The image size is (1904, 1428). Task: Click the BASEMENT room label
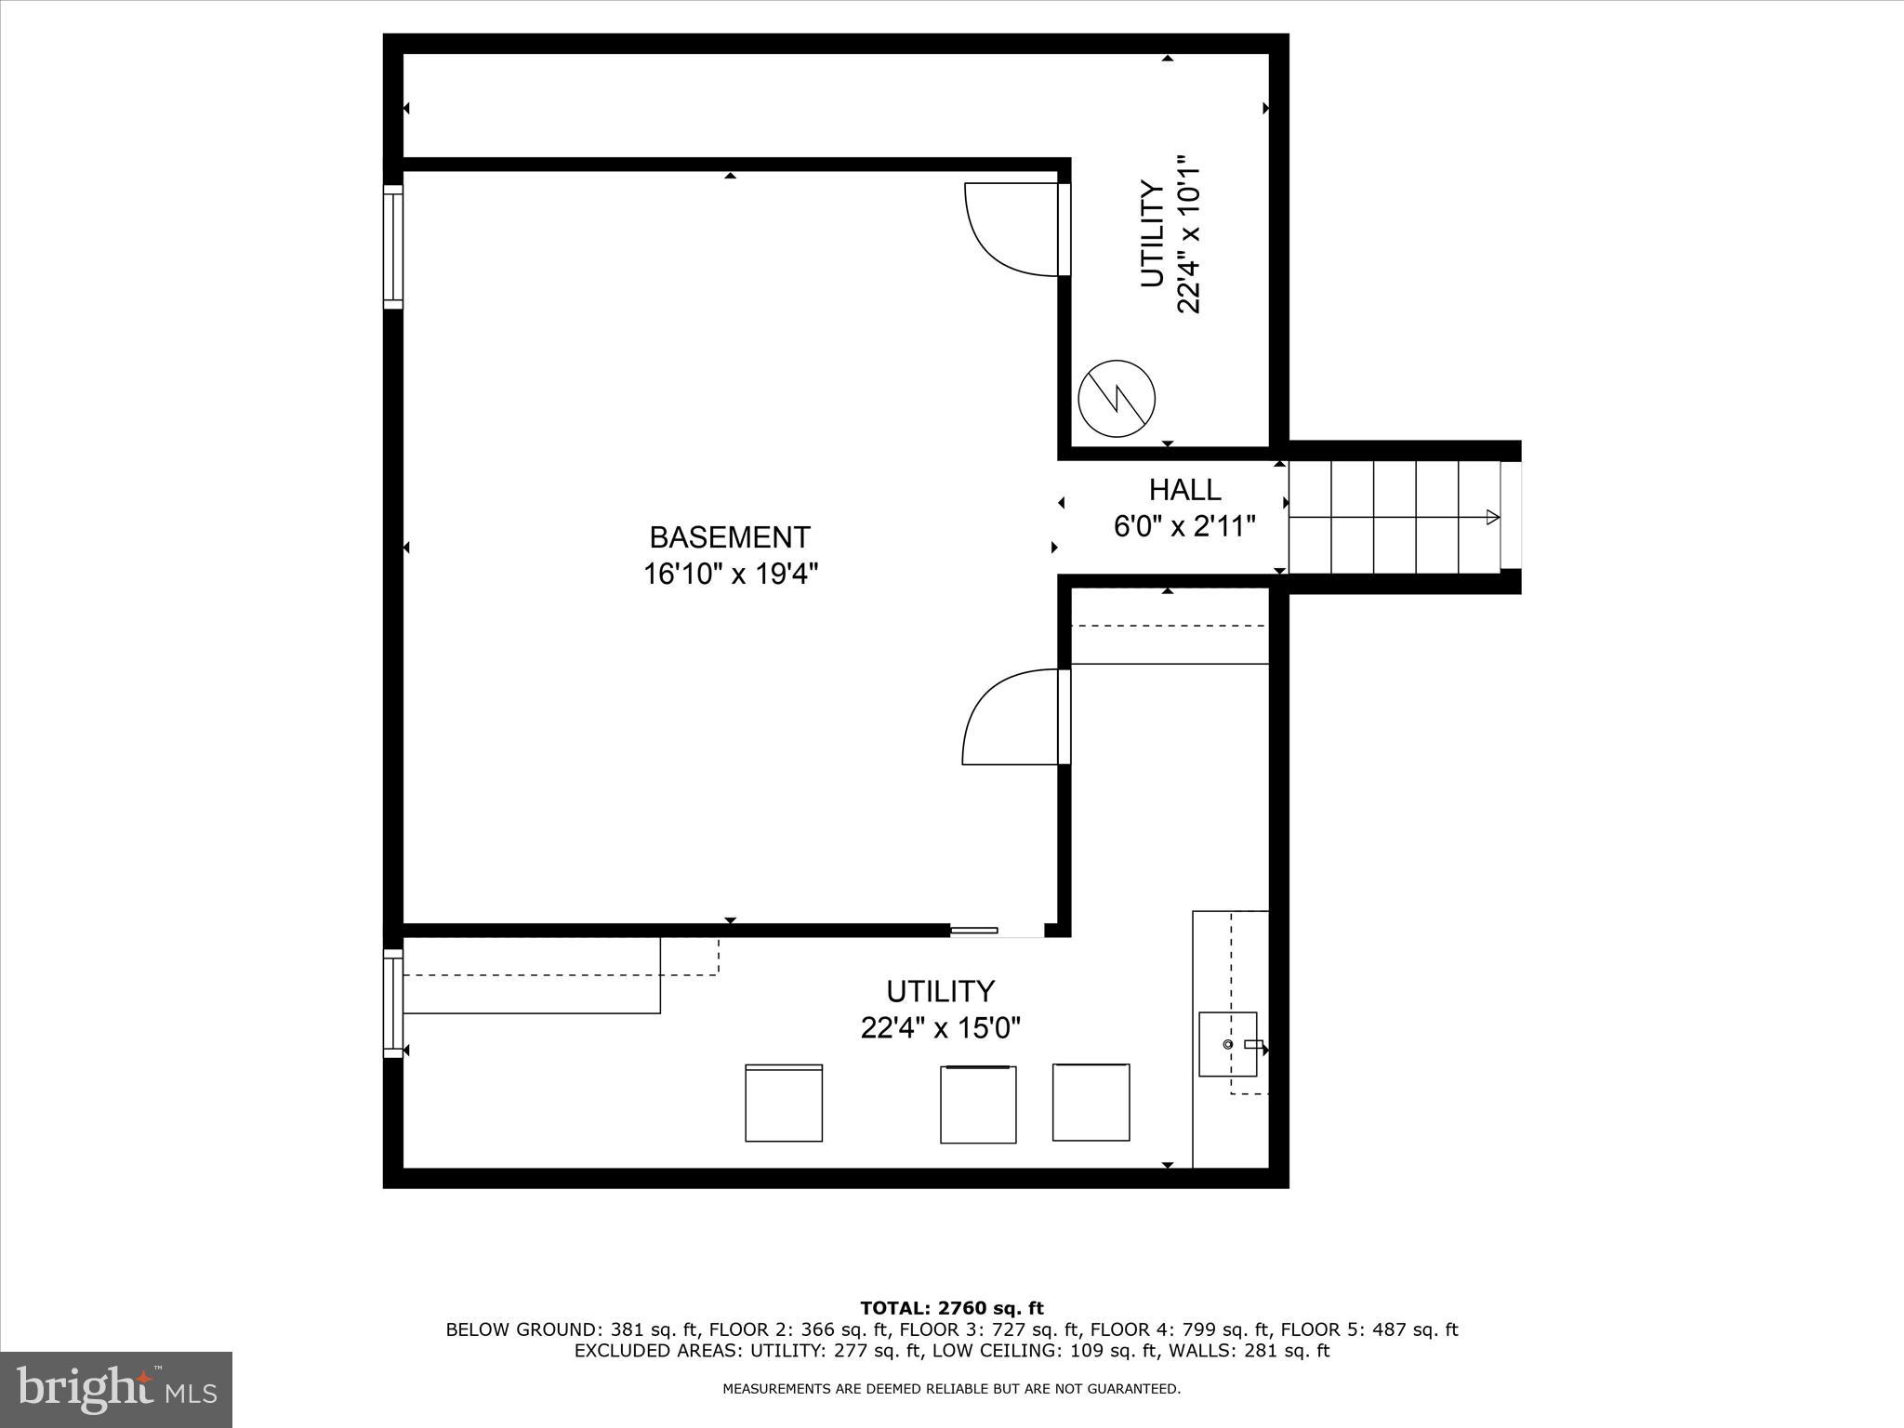tap(730, 537)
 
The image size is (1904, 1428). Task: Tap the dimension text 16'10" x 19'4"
tap(730, 575)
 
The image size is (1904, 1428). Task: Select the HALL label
tap(1184, 490)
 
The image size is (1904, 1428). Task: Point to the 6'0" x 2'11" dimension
tap(1184, 527)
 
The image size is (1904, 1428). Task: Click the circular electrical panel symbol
tap(1116, 399)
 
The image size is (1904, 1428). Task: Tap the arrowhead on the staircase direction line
tap(1492, 517)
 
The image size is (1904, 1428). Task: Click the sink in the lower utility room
tap(1227, 1044)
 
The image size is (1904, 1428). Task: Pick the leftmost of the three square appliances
tap(784, 1104)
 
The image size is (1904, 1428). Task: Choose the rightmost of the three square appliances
tap(1091, 1103)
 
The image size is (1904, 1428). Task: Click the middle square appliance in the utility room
tap(978, 1104)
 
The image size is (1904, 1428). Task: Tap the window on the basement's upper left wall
tap(393, 246)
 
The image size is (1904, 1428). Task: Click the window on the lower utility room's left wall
tap(393, 1003)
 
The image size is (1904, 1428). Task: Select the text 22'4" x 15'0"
tap(940, 1029)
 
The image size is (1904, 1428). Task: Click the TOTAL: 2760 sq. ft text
tap(951, 1308)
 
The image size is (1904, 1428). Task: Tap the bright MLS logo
tap(116, 1390)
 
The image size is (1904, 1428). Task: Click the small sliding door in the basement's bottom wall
tap(974, 930)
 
